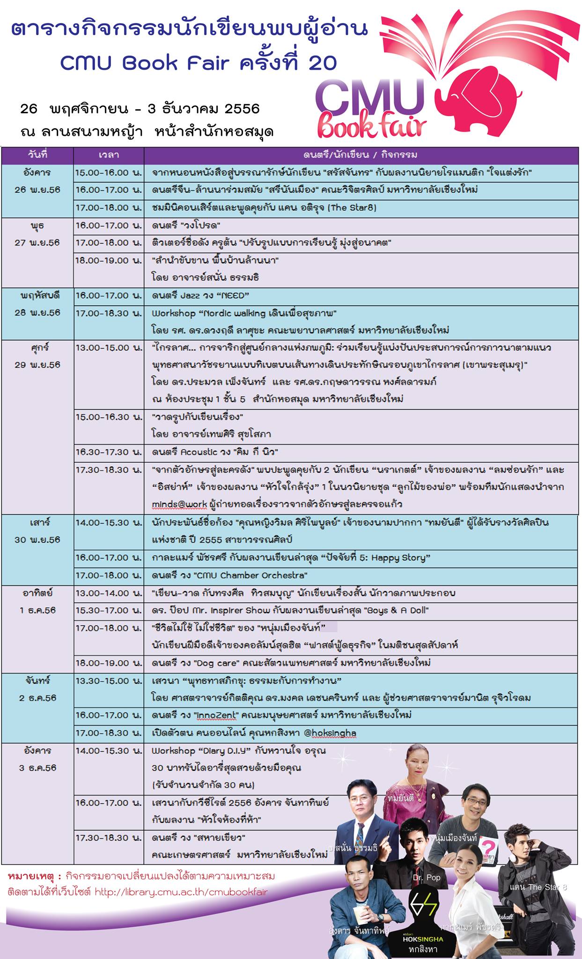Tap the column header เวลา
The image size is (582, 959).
tap(109, 155)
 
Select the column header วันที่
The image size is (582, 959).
tap(37, 155)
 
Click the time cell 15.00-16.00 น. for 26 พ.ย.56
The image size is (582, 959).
tap(109, 172)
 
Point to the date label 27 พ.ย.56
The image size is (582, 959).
tap(37, 243)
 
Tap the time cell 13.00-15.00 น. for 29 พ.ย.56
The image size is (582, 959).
tap(109, 348)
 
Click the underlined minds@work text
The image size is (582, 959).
tap(179, 504)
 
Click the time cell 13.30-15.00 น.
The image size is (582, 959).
tap(109, 680)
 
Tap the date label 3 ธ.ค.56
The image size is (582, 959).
tap(37, 768)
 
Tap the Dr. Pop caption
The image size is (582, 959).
tap(427, 877)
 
